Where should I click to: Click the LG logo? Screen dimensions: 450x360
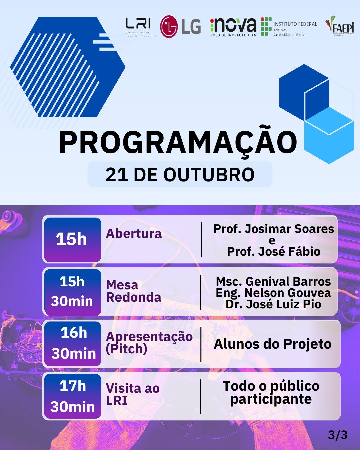coord(180,27)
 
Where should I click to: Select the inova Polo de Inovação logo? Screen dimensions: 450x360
coord(233,27)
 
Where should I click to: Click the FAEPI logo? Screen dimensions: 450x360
coord(340,26)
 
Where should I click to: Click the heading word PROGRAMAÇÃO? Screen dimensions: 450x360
coord(178,143)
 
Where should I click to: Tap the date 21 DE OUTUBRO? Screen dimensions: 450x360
coord(180,175)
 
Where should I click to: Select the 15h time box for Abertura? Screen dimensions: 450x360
coord(72,239)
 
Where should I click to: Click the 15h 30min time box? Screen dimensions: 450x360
coord(72,292)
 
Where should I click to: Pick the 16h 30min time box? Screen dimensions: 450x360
coord(73,343)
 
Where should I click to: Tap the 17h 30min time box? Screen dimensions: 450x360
coord(72,396)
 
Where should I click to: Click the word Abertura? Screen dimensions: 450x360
coord(134,234)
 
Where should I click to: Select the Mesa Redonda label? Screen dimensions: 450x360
coord(133,291)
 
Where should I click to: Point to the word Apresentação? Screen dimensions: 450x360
coord(149,336)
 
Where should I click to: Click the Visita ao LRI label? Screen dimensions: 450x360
coord(132,394)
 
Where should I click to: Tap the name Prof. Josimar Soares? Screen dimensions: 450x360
coord(273,229)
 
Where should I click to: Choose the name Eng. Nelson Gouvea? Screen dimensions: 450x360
coord(273,293)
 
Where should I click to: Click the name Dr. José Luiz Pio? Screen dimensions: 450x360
coord(273,304)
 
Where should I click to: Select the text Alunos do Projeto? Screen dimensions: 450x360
coord(272,344)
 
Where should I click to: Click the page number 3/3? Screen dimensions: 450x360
coord(338,435)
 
